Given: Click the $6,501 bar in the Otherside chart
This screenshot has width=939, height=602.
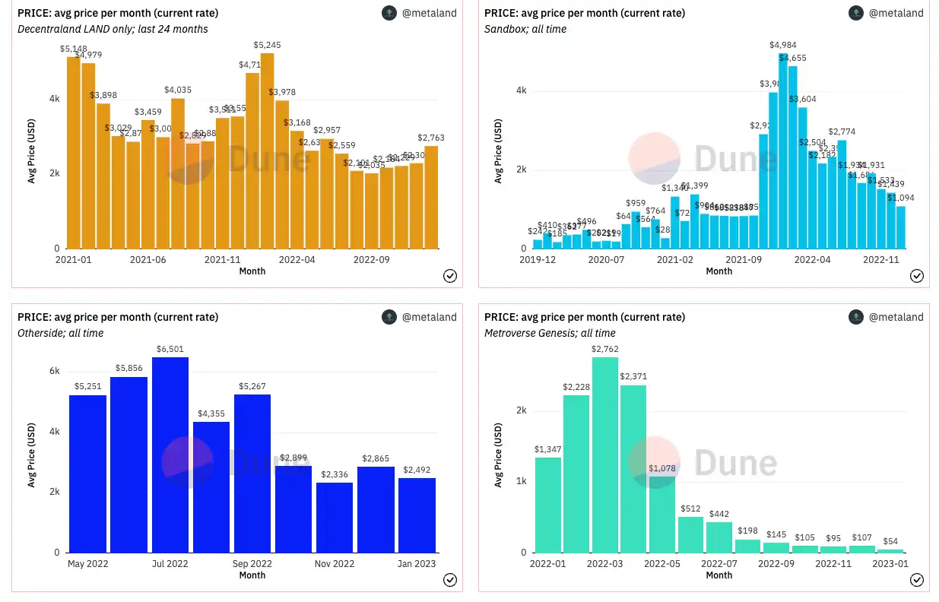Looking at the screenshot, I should tap(170, 455).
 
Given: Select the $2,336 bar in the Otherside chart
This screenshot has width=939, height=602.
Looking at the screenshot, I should tap(335, 517).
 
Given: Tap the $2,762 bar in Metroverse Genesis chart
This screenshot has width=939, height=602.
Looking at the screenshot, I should tap(604, 455).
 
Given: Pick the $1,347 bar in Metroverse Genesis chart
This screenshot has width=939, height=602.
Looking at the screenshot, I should tap(548, 505).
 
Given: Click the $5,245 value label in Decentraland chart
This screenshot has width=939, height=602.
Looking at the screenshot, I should tap(267, 45).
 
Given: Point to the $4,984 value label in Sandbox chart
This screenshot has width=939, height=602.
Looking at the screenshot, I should tap(783, 45).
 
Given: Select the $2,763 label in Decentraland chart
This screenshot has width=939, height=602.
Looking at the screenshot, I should tap(431, 138).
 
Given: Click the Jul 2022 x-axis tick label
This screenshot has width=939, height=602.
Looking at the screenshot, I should tap(170, 564).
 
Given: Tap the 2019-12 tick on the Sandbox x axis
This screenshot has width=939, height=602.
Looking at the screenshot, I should tap(537, 260).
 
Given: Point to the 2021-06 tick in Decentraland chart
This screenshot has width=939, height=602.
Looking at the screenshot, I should tap(148, 260).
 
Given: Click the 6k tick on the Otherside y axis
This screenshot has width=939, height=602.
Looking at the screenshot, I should tap(54, 371).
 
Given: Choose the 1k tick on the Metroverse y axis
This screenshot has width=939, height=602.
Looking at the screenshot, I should tap(521, 481).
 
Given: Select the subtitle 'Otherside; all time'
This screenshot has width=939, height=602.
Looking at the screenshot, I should tap(60, 333).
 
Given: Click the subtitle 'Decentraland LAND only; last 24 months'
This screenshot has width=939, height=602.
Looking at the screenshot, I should tap(113, 29).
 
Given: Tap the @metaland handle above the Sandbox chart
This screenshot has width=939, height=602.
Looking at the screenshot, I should tap(896, 13).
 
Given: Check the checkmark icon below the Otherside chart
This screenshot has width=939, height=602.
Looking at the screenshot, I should tap(449, 580).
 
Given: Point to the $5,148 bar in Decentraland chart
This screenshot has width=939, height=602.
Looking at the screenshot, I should tap(73, 153).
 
